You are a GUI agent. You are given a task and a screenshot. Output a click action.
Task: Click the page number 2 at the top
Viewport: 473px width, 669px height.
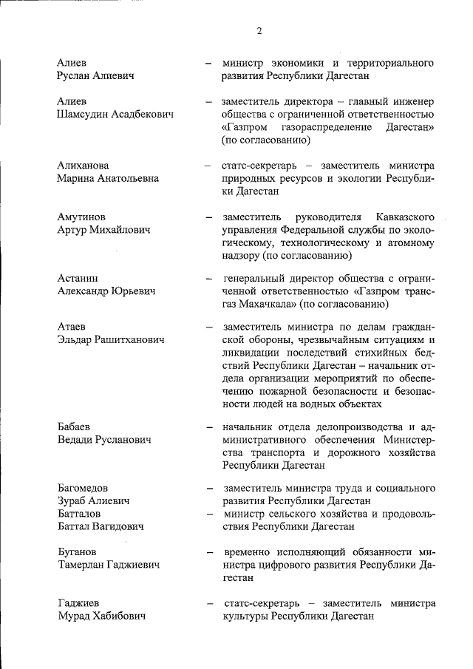tap(259, 30)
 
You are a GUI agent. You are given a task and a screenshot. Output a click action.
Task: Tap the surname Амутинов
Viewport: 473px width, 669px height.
tap(81, 217)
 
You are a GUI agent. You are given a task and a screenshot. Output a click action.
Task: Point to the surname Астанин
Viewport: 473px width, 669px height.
tap(78, 279)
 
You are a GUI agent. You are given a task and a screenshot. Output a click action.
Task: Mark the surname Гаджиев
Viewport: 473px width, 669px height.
tap(78, 603)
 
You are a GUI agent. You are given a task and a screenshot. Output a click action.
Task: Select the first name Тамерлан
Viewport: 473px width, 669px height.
tap(84, 565)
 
